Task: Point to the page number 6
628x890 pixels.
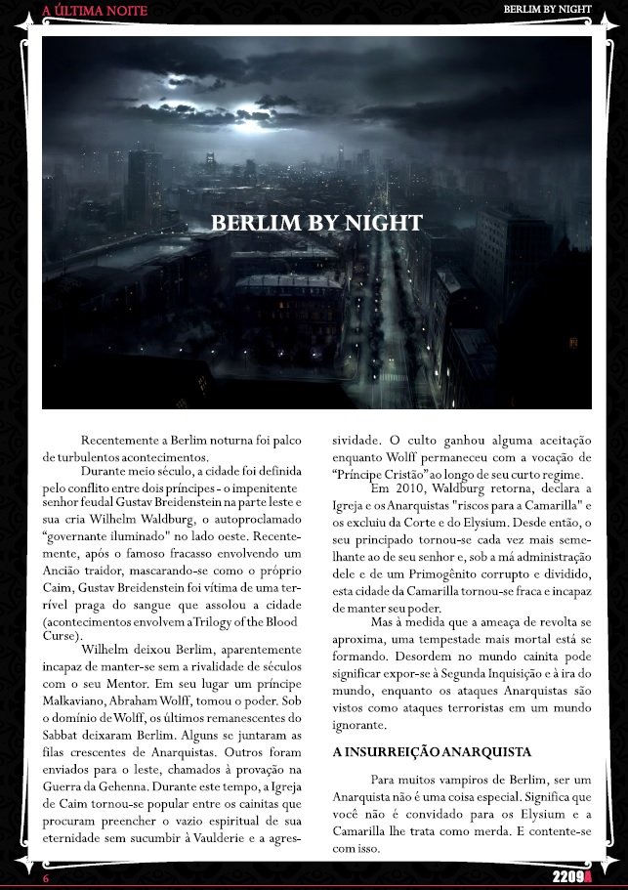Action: point(45,878)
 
